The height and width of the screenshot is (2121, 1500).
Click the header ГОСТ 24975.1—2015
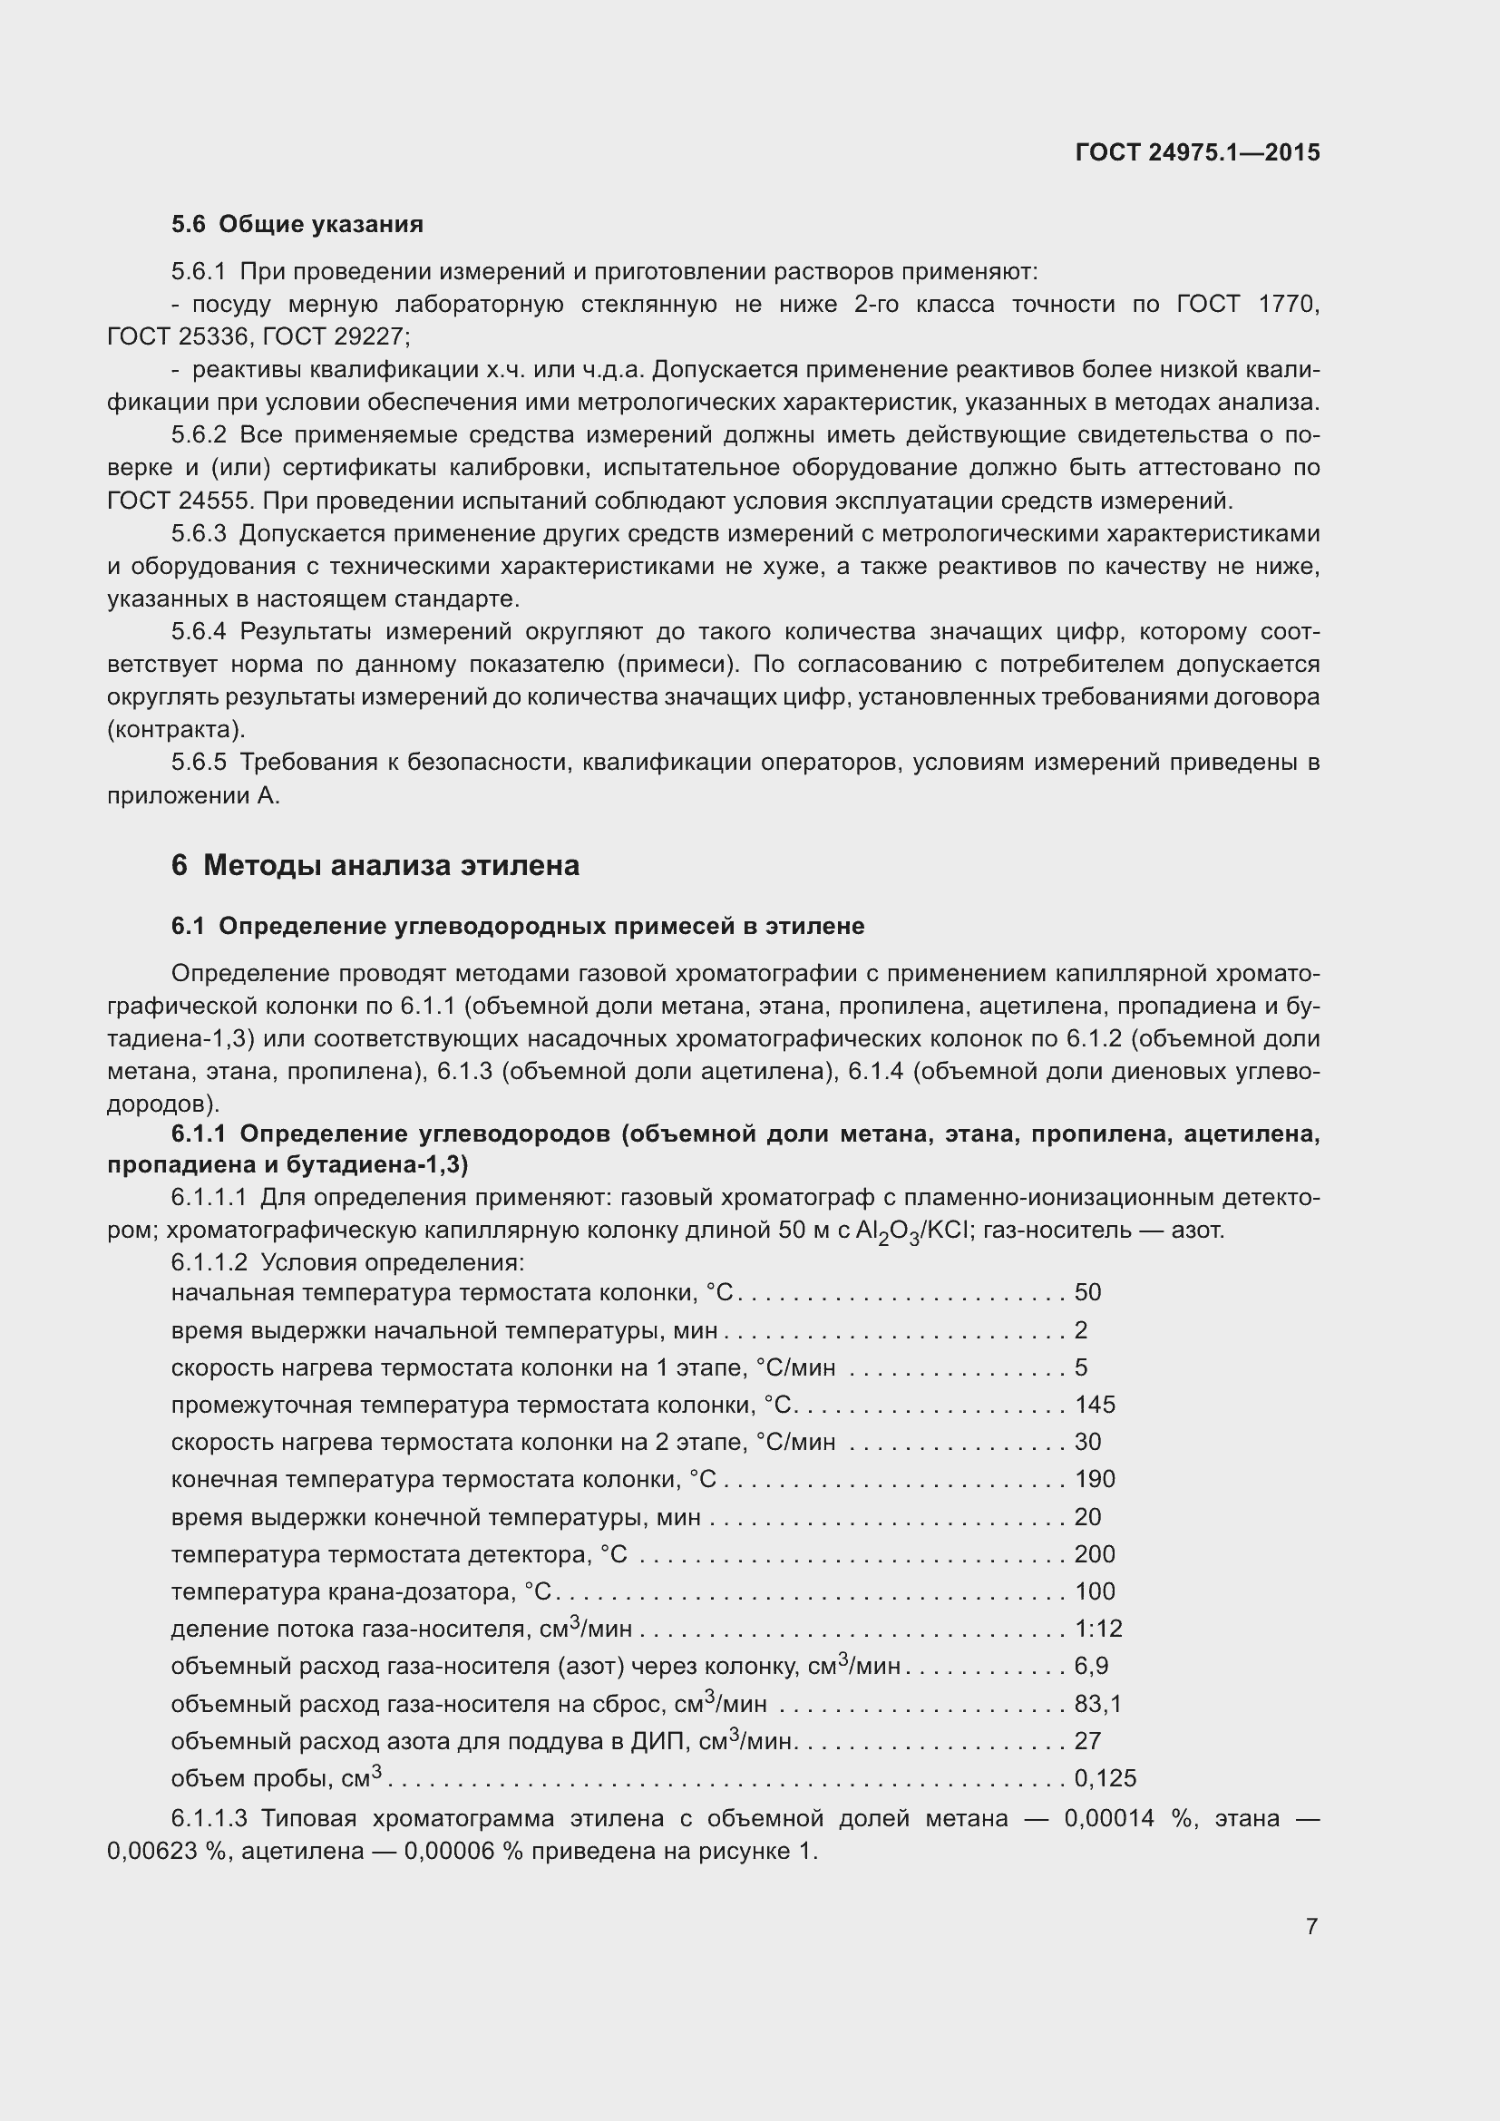tap(1197, 153)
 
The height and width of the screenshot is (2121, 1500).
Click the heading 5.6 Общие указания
tap(297, 225)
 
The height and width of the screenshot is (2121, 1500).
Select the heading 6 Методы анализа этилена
tap(375, 866)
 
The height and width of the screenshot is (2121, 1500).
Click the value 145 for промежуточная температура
tap(1095, 1405)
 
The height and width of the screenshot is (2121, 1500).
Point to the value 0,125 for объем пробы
tap(1105, 1778)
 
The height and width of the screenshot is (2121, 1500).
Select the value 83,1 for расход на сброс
tap(1097, 1704)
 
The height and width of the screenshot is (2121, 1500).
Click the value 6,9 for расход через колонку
tap(1091, 1667)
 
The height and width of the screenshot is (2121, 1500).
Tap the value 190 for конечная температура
tap(1095, 1480)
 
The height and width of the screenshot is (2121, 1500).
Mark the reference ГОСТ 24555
tap(180, 501)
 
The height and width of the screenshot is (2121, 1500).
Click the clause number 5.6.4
tap(199, 632)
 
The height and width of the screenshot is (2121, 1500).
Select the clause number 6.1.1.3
tap(209, 1819)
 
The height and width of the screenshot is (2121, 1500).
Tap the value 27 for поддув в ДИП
tap(1087, 1741)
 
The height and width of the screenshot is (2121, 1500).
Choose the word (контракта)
tap(177, 730)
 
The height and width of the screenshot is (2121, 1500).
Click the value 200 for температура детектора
tap(1095, 1555)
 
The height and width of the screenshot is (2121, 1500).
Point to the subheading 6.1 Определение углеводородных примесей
tap(517, 927)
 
